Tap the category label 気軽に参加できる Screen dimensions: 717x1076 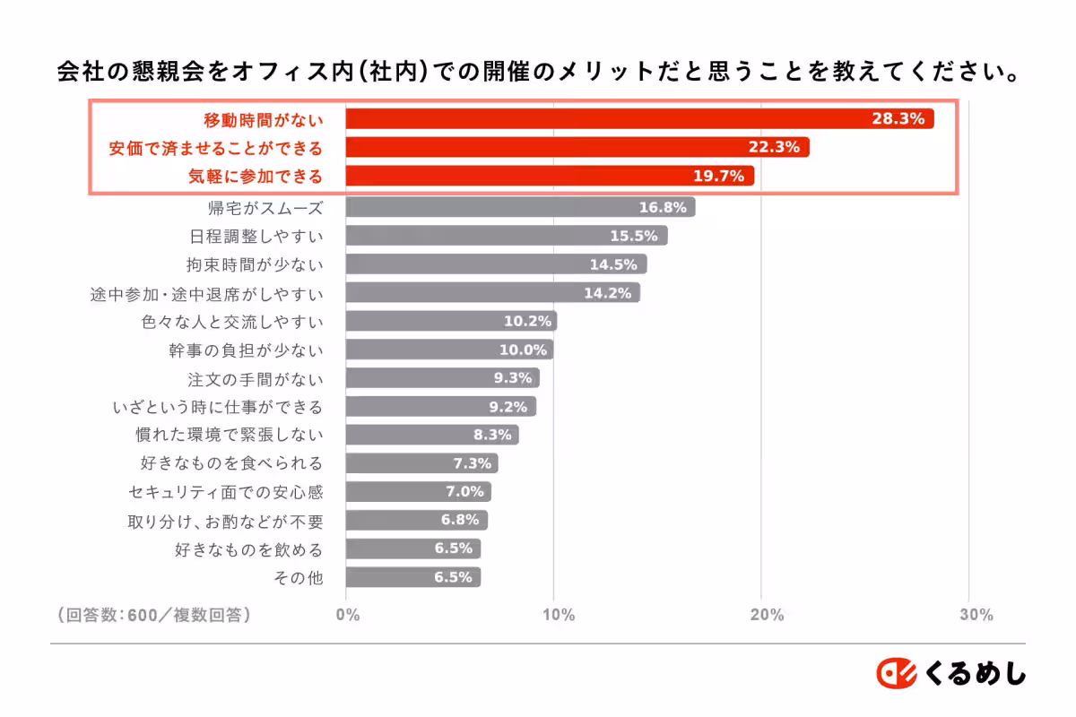(x=255, y=177)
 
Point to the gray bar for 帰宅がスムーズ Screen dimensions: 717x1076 (x=520, y=207)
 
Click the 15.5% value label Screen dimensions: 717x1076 (x=634, y=236)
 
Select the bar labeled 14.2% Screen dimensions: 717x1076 (x=492, y=293)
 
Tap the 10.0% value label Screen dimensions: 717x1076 (x=523, y=350)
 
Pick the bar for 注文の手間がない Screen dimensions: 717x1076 (x=442, y=378)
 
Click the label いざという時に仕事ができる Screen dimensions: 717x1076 (x=217, y=407)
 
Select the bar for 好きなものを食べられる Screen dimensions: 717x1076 (x=421, y=463)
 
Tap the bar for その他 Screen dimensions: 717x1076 (x=412, y=577)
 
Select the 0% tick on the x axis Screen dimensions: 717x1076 (x=347, y=615)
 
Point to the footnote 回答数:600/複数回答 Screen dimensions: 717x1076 (x=153, y=615)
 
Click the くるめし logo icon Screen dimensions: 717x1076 (x=895, y=673)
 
